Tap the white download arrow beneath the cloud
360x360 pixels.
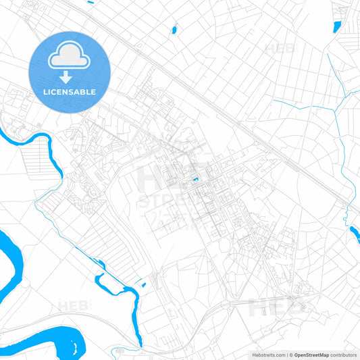coord(70,77)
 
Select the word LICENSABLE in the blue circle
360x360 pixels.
coord(70,92)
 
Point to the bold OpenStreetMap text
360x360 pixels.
coord(311,354)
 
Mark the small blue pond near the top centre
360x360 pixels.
coord(174,30)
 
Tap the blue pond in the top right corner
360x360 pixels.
coord(337,26)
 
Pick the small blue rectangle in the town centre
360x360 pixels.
coord(195,179)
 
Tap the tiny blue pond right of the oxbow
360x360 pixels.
coord(143,284)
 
